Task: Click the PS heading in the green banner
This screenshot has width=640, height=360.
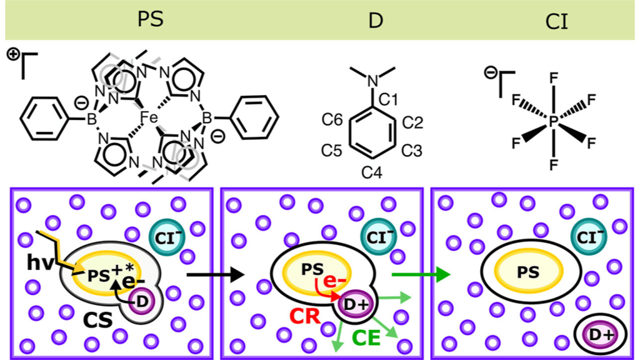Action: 150,20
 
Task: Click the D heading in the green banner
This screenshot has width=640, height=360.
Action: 375,20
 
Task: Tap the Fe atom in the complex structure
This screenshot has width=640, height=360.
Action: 149,116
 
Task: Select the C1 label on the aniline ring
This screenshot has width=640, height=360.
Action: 389,98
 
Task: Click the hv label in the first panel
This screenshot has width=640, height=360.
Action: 41,262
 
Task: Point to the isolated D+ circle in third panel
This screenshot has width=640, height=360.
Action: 601,334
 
